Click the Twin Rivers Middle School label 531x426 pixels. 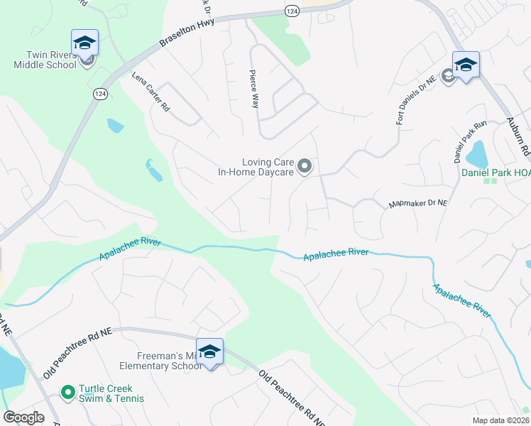click(x=44, y=60)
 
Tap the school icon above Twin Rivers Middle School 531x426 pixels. click(x=84, y=43)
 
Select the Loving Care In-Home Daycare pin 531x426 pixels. click(x=305, y=167)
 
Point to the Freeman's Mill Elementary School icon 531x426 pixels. click(x=209, y=352)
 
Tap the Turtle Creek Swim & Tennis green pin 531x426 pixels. click(x=67, y=391)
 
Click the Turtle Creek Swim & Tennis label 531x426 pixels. click(x=111, y=393)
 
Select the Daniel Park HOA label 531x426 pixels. click(x=496, y=172)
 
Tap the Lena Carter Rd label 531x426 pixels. click(x=151, y=92)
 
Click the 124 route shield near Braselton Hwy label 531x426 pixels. click(x=293, y=11)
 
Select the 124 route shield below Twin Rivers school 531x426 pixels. click(x=100, y=94)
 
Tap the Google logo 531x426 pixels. click(x=24, y=417)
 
